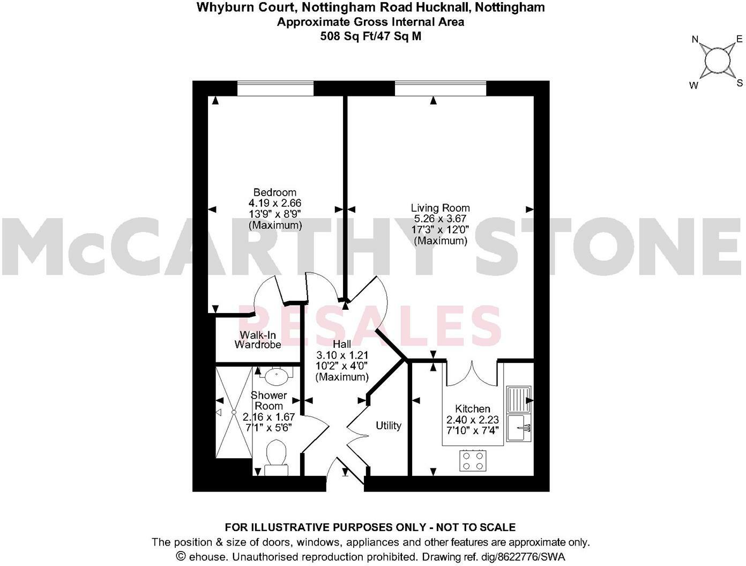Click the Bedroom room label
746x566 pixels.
274,192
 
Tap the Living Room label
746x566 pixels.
440,208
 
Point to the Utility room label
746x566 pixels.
388,426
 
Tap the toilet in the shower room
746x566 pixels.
277,456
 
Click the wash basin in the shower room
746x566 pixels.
277,375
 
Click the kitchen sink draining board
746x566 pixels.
518,399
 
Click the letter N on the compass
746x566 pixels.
695,39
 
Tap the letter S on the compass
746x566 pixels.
740,83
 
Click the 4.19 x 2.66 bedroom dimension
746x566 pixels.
274,203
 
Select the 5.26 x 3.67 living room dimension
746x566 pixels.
440,219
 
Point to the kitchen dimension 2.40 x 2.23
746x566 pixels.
472,420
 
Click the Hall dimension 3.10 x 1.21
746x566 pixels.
342,355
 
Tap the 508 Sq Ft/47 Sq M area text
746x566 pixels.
370,36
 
